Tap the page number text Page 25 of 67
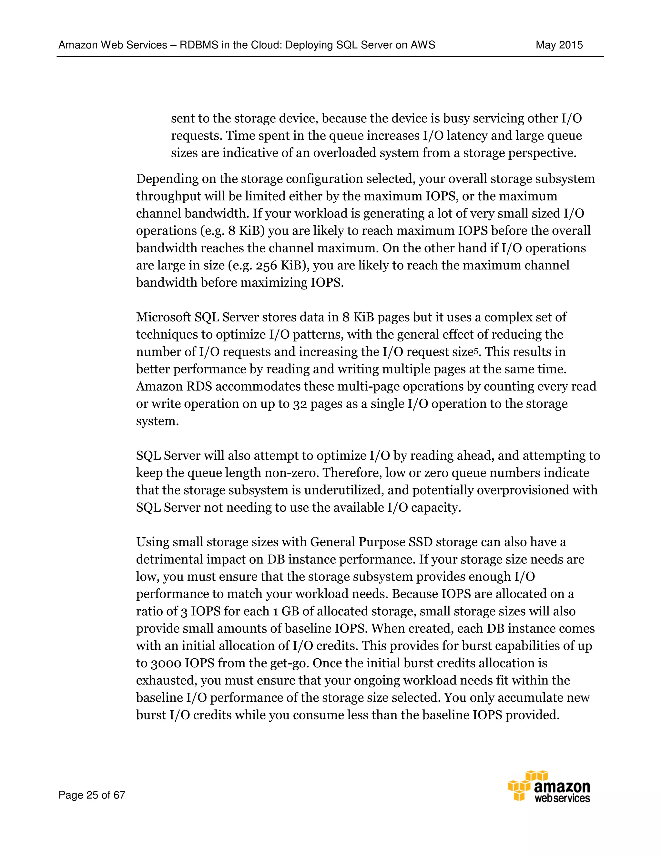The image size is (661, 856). (92, 795)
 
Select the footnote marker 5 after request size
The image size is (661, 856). (476, 350)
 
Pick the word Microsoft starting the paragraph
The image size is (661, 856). (163, 317)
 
